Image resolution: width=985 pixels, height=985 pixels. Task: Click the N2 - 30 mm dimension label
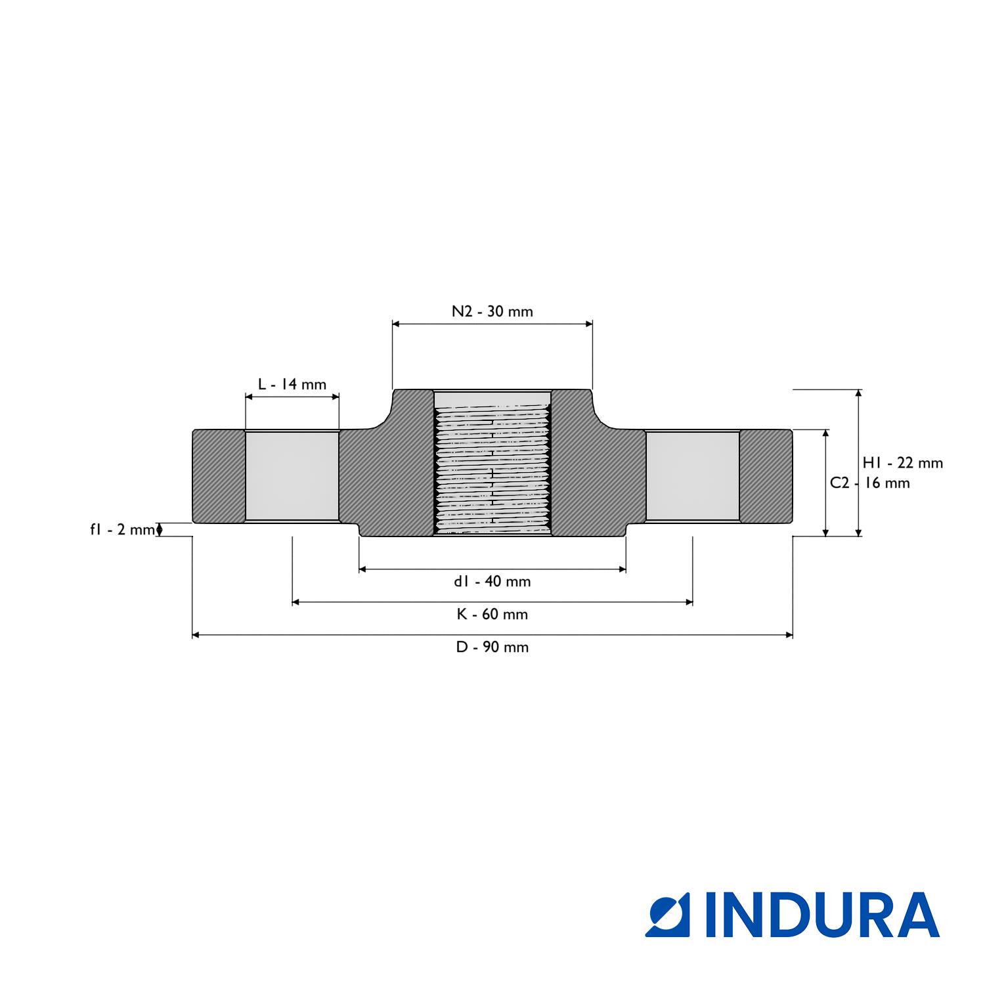[x=492, y=311]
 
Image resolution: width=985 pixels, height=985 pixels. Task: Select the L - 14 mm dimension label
[x=292, y=384]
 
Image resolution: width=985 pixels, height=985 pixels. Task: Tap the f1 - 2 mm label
[x=122, y=529]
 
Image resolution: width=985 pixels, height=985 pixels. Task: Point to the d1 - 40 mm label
[x=492, y=581]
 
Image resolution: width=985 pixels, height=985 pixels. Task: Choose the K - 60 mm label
[x=492, y=614]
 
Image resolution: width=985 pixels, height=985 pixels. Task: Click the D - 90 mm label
[x=492, y=647]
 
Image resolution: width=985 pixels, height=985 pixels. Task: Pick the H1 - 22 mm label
[x=903, y=463]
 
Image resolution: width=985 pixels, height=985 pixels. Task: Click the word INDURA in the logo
[x=822, y=914]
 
